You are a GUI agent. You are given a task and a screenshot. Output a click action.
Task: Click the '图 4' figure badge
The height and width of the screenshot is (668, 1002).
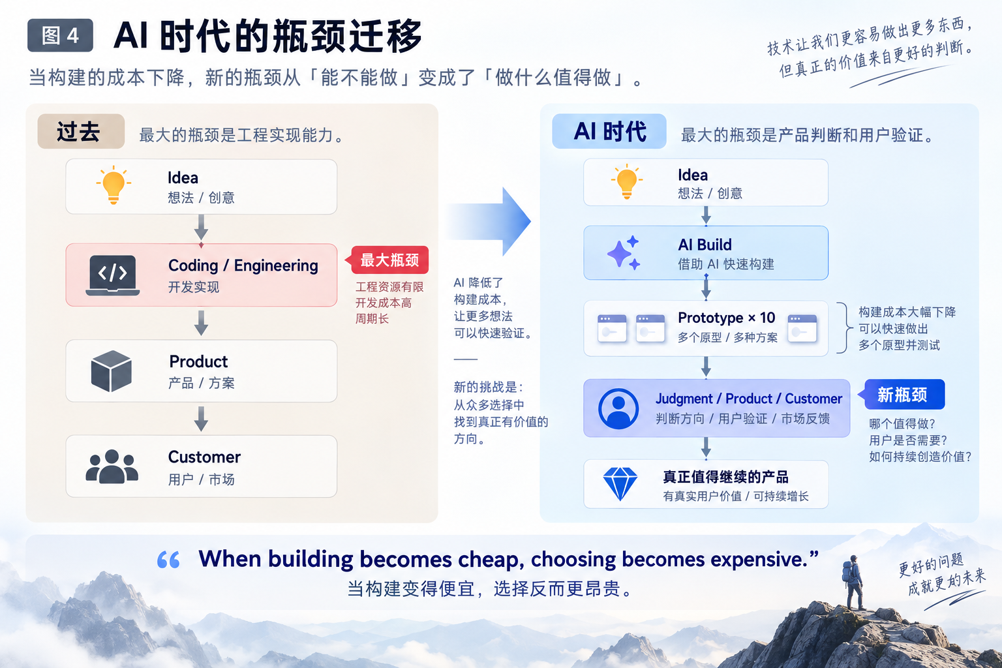[61, 35]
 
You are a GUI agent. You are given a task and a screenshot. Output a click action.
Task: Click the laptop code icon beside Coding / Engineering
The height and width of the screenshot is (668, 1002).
[113, 275]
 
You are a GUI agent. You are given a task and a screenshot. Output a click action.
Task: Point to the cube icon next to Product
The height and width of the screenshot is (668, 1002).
[112, 371]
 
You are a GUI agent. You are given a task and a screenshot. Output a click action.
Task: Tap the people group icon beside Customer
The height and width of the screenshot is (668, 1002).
[112, 466]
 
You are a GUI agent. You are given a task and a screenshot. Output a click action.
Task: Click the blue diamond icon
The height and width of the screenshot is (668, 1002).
[620, 484]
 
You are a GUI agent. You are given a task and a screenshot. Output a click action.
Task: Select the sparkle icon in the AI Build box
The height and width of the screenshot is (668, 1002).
[624, 253]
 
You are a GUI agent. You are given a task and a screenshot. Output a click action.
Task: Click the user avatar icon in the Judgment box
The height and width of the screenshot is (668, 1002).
[618, 408]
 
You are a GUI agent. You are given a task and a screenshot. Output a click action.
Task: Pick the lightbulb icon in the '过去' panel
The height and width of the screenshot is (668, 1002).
[114, 185]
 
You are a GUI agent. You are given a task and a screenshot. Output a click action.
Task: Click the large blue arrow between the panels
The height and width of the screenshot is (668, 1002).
[490, 222]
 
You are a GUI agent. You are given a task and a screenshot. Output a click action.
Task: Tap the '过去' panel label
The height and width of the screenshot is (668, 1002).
[81, 132]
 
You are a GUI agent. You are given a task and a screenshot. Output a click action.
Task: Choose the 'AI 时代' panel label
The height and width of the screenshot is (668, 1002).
[609, 132]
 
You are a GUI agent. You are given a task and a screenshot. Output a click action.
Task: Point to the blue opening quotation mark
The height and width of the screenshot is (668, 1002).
[168, 560]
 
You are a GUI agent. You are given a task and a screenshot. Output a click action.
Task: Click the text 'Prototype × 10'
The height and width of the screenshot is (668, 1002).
[727, 318]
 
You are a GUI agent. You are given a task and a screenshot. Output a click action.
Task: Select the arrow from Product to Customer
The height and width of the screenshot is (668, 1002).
[202, 419]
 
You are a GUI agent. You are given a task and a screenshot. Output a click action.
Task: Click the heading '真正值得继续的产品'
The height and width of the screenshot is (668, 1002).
[725, 477]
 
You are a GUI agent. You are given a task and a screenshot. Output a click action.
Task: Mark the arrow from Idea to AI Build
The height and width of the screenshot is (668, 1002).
[706, 215]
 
